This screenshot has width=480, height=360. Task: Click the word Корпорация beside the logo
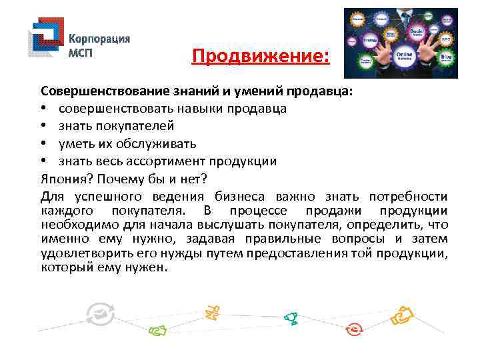[x=100, y=39]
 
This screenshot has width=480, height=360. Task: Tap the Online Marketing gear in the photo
[x=405, y=55]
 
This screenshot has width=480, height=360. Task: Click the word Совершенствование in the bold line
[x=99, y=90]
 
